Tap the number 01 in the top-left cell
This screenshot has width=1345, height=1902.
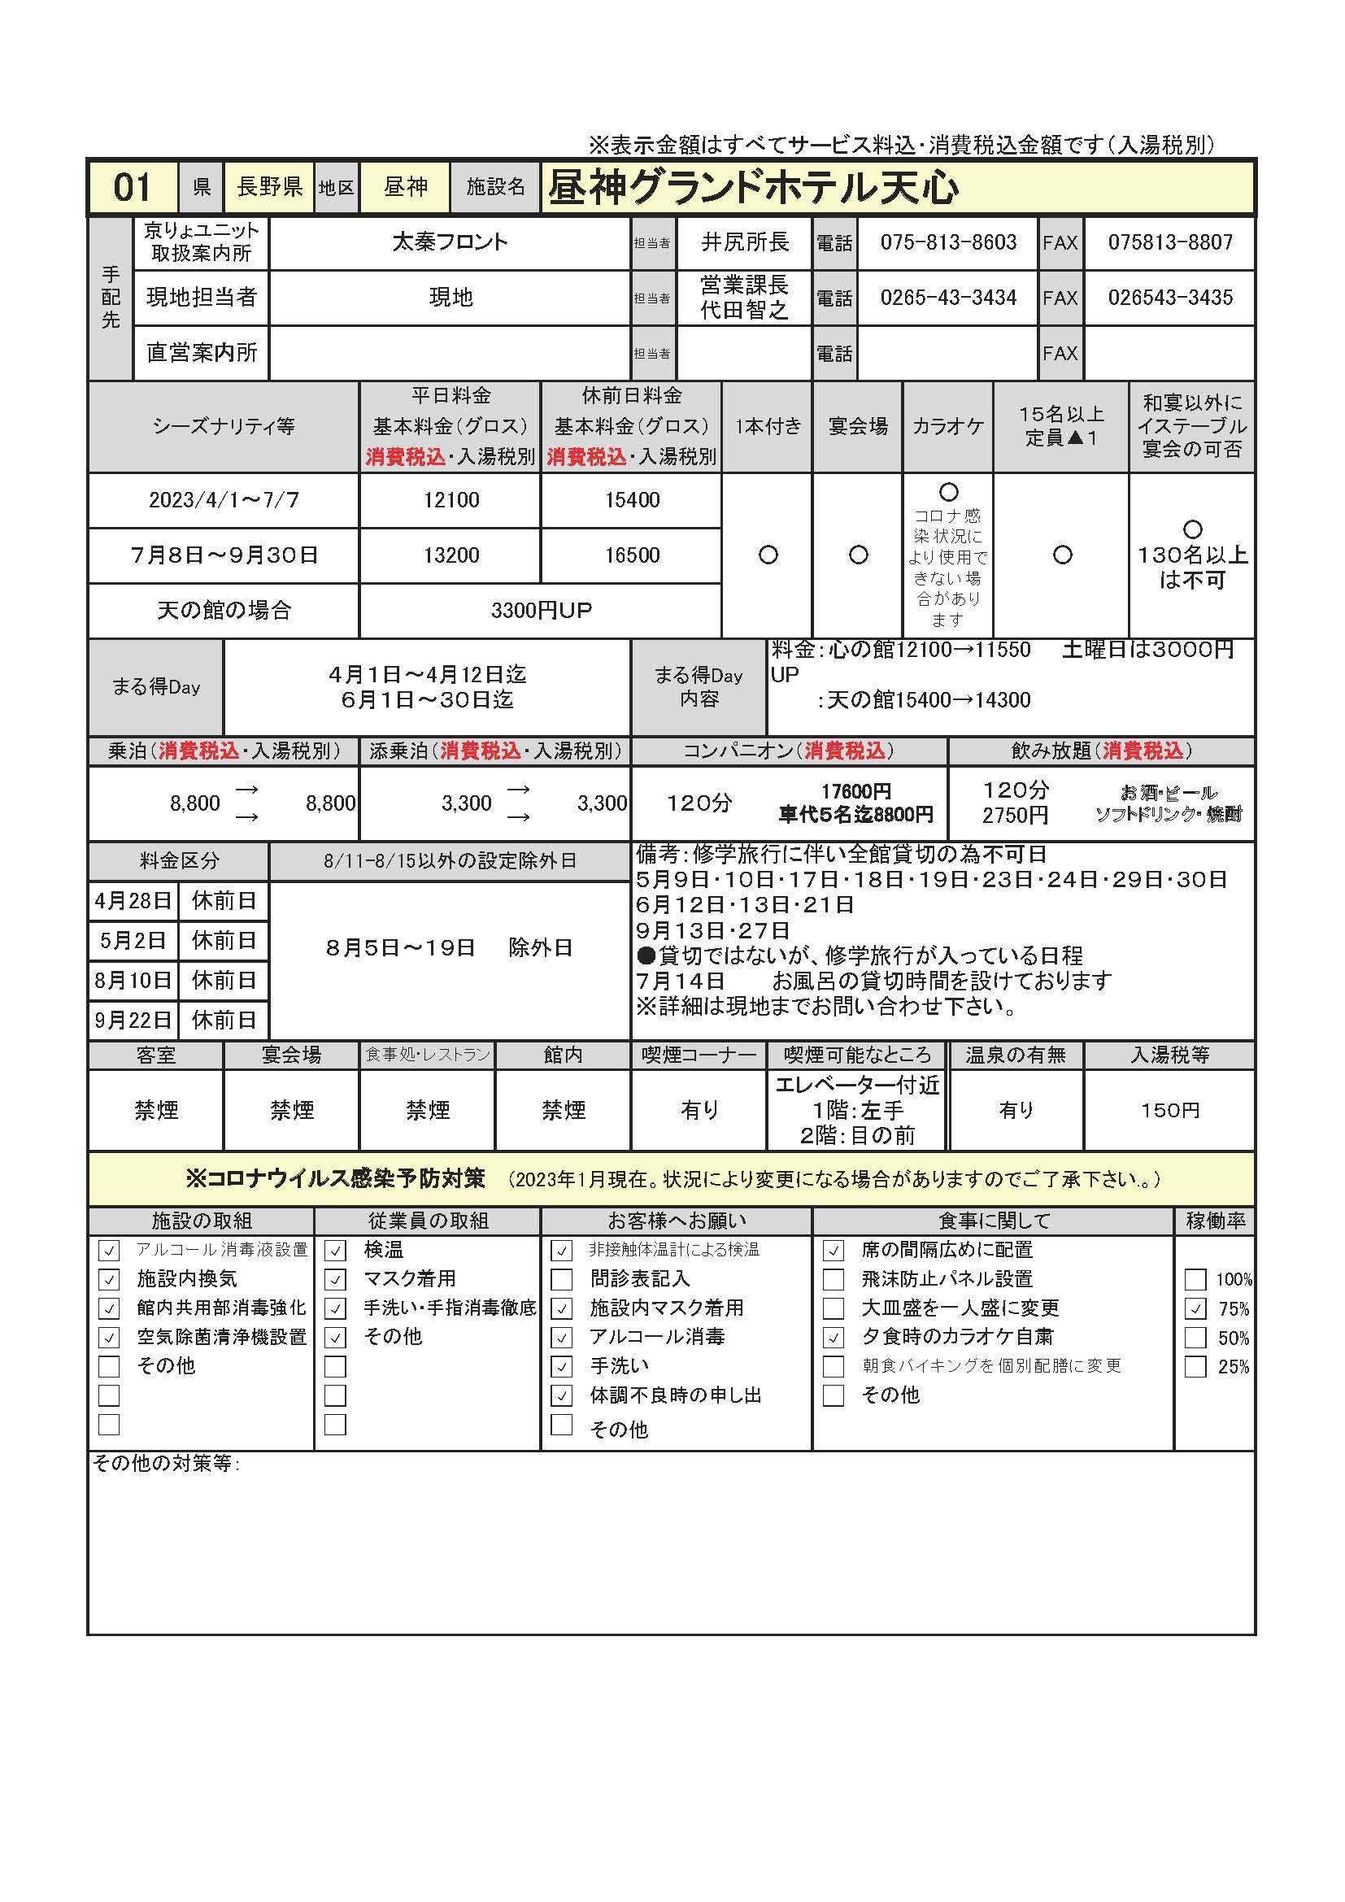point(132,188)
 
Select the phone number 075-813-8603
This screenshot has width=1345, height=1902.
point(947,242)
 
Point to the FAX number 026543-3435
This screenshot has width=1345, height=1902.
point(1169,298)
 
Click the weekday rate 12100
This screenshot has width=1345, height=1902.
point(451,500)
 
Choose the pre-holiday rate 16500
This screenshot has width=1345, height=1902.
point(631,555)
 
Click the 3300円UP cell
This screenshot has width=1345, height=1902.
point(541,611)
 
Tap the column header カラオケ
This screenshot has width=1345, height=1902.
point(947,427)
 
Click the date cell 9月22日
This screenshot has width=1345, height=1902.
point(133,1020)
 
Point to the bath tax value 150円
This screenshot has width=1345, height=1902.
point(1169,1110)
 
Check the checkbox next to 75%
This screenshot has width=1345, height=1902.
point(1195,1309)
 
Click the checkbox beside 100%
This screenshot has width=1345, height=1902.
point(1195,1280)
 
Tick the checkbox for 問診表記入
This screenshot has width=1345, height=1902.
point(562,1280)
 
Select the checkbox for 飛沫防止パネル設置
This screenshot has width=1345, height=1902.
point(834,1280)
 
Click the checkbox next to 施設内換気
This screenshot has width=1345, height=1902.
point(109,1280)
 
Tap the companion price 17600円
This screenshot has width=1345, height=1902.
point(855,792)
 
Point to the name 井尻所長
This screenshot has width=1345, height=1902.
point(745,242)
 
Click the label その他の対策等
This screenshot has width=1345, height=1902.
point(166,1464)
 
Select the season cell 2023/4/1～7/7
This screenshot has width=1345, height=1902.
point(224,500)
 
